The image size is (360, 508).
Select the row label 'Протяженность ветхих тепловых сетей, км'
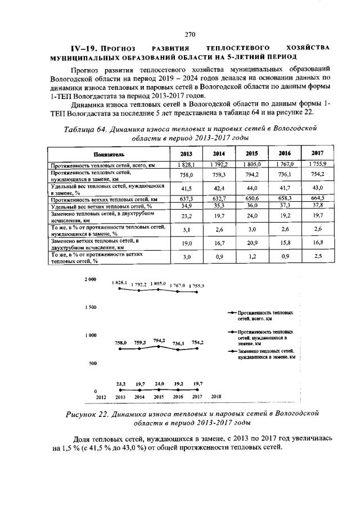click(103, 199)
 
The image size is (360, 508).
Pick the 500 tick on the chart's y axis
click(92, 363)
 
